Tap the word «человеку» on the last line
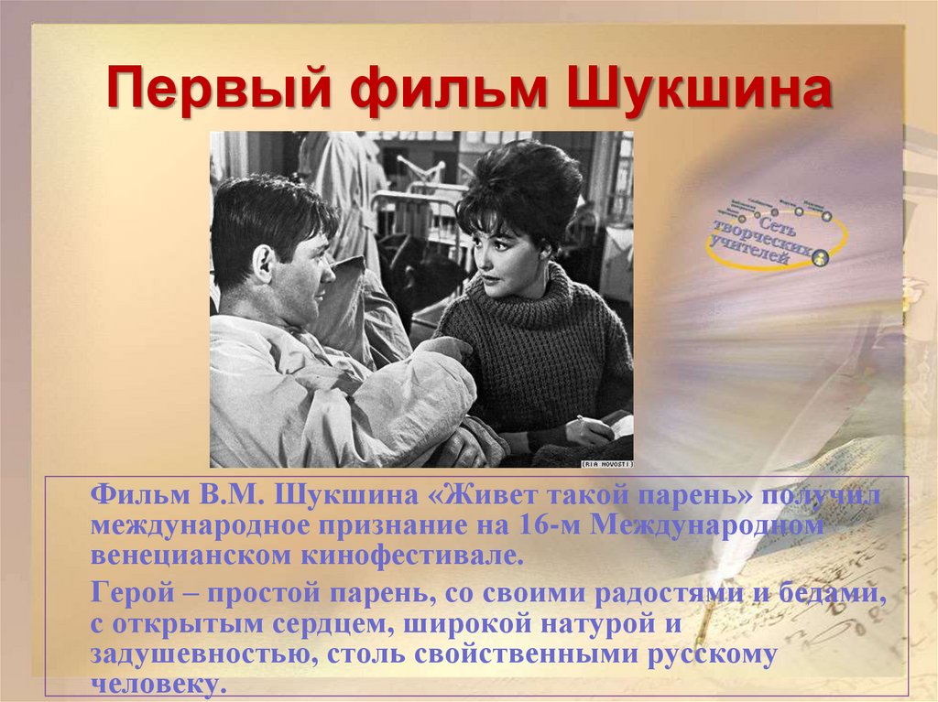pyautogui.click(x=156, y=684)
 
